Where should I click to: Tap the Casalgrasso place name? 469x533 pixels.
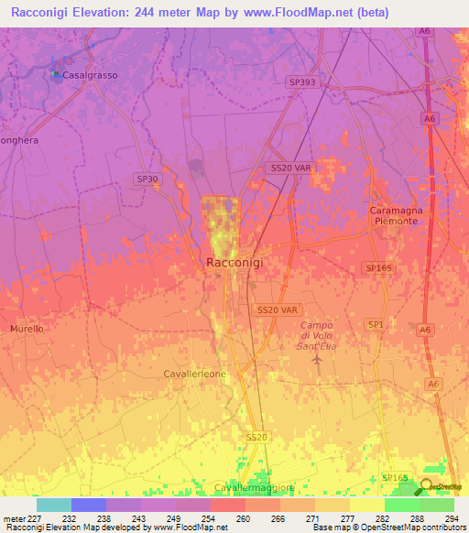90,75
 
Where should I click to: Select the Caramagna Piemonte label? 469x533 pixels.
395,216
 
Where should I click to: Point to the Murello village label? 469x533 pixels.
27,328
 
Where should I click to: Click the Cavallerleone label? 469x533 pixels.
194,374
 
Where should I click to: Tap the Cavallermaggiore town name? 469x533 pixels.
241,487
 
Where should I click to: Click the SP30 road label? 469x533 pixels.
146,179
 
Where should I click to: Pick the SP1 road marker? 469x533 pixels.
376,325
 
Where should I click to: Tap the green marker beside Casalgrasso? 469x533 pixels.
55,74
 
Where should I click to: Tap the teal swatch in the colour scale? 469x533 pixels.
54,505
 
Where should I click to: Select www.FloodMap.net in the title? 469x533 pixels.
300,13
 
